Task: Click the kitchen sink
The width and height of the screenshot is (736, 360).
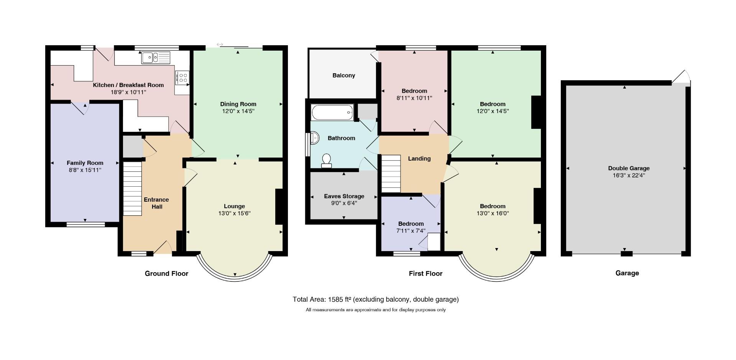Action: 156,58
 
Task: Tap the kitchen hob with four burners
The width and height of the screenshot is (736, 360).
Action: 182,78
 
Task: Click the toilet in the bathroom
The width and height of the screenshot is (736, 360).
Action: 327,161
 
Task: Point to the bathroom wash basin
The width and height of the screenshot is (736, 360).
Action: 314,138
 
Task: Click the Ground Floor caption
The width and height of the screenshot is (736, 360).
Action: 166,273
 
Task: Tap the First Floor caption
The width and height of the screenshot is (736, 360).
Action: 426,273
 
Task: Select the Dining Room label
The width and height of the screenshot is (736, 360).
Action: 238,104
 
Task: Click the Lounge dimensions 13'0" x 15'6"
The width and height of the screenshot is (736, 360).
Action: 235,214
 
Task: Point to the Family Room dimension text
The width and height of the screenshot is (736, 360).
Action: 85,170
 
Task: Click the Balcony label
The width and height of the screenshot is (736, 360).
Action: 343,76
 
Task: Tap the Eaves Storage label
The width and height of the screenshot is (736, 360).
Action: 344,196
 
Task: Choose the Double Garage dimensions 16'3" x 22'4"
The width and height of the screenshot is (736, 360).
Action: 629,176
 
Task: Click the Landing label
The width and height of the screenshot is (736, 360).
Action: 419,158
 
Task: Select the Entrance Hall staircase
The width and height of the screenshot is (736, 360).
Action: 133,188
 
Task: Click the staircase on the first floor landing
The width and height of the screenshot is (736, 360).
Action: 391,173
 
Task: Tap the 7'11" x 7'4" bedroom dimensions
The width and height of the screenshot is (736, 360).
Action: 411,231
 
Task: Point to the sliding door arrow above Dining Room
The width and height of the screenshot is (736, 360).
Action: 220,44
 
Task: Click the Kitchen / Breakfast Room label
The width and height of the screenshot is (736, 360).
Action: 128,85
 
